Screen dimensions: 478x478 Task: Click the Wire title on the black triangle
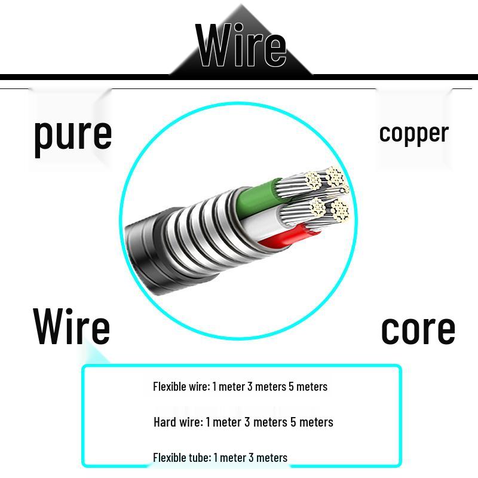(241, 45)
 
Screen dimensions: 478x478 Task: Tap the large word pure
(72, 134)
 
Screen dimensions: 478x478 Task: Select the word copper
(413, 133)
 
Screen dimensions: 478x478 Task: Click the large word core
(418, 329)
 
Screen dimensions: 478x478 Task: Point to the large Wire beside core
(72, 327)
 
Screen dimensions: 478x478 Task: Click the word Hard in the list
(165, 422)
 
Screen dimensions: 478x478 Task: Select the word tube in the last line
(198, 458)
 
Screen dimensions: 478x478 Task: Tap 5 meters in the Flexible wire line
(308, 387)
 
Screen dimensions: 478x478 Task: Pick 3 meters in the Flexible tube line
(268, 458)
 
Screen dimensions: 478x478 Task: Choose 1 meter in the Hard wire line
(223, 422)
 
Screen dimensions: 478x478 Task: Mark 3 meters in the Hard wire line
(265, 422)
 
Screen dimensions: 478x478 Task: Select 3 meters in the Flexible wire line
(266, 387)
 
